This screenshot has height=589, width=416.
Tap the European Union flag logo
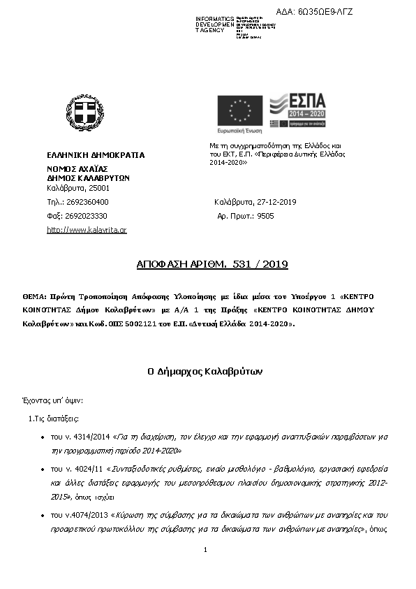coord(240,112)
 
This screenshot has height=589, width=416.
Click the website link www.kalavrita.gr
coord(87,230)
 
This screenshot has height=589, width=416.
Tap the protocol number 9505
coord(265,216)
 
